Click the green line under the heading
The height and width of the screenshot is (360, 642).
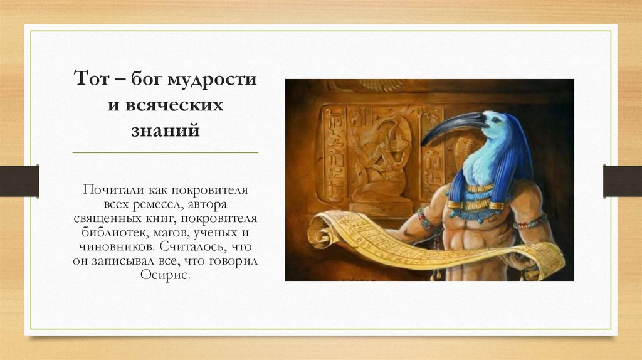pos(166,152)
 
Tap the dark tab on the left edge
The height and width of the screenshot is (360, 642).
pos(19,181)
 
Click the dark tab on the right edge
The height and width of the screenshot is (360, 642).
pos(623,181)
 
